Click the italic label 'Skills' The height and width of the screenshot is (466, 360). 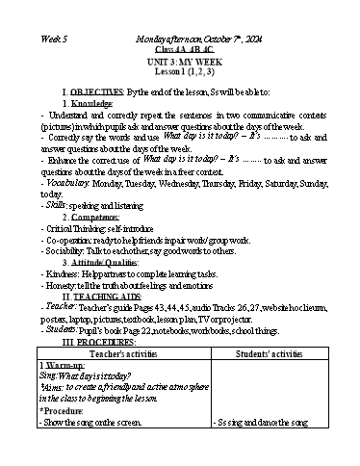click(54, 206)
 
